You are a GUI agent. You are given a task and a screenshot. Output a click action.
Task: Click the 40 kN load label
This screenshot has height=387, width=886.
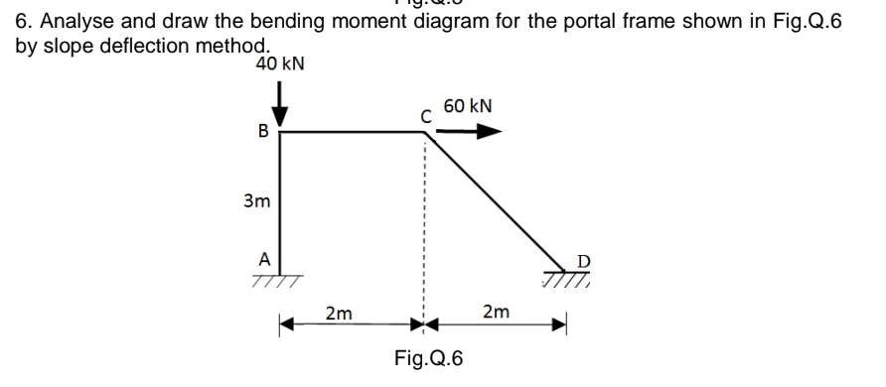(x=279, y=64)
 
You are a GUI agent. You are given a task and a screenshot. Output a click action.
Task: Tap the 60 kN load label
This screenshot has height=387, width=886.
(x=468, y=106)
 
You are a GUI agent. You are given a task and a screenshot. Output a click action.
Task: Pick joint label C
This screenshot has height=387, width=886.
(x=425, y=116)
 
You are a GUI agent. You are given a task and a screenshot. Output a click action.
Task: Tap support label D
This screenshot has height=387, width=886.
(x=584, y=260)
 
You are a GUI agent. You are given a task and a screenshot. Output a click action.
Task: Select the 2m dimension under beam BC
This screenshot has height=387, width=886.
(x=339, y=314)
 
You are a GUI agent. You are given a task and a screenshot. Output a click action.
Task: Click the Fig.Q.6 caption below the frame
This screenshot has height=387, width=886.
(x=428, y=358)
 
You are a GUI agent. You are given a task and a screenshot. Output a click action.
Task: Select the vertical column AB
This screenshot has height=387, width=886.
(x=280, y=198)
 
